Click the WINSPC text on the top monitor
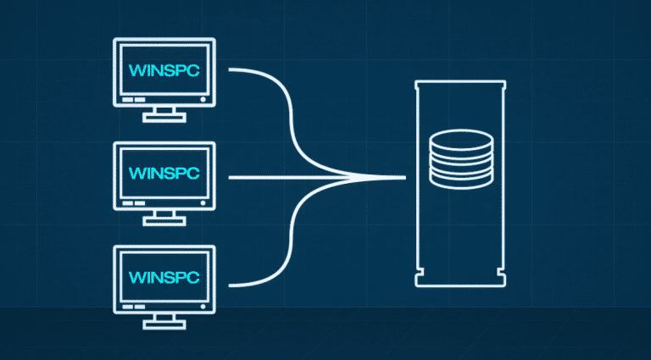click(164, 69)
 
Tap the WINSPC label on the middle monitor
click(164, 172)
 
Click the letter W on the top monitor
click(132, 69)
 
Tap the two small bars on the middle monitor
click(133, 203)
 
